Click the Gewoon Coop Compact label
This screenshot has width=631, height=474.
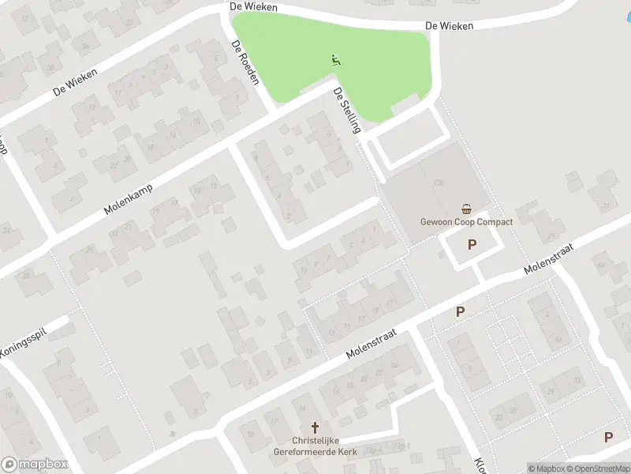[467, 222]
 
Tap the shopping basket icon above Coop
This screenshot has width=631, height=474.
[467, 209]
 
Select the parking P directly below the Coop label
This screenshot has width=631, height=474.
[472, 245]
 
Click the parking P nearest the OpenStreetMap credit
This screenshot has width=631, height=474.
[608, 437]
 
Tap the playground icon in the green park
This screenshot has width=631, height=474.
[336, 59]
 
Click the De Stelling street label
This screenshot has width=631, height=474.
[347, 111]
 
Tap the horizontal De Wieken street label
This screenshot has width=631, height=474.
[448, 26]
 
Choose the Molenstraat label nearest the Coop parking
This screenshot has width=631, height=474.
[547, 259]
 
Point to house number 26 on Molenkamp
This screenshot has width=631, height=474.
[90, 250]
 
